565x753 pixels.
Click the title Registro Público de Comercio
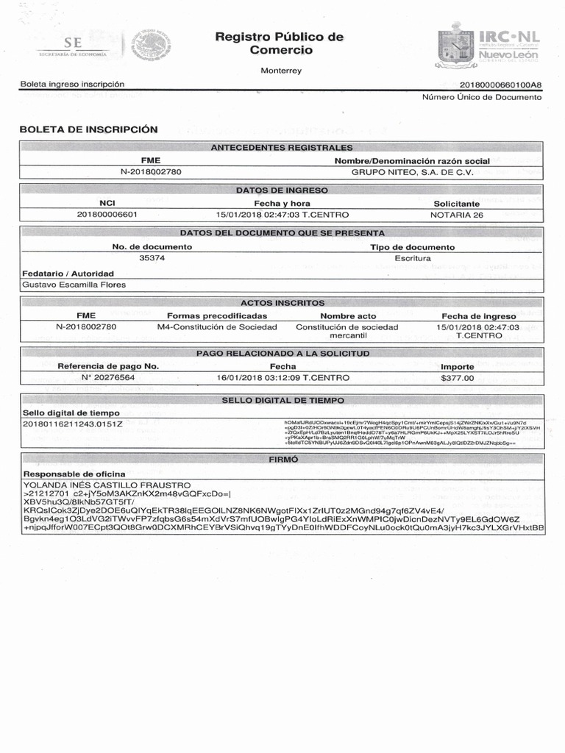click(280, 43)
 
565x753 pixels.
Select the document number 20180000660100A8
click(500, 85)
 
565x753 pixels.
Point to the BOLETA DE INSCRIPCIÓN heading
click(89, 129)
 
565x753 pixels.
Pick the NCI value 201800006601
click(107, 215)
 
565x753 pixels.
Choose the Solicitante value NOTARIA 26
click(457, 215)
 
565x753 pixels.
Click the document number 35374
click(152, 258)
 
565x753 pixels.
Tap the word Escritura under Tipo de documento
click(412, 258)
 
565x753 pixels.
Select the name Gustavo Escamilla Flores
click(74, 285)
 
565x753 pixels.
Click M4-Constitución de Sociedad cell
click(217, 326)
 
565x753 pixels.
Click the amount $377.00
click(457, 377)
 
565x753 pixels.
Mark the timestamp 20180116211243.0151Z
click(71, 424)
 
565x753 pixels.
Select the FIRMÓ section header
click(282, 459)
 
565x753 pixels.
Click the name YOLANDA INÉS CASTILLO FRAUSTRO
click(107, 485)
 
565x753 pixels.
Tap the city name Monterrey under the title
click(282, 71)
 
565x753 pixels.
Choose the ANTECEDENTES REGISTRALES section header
click(282, 148)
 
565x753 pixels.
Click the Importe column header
click(457, 366)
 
